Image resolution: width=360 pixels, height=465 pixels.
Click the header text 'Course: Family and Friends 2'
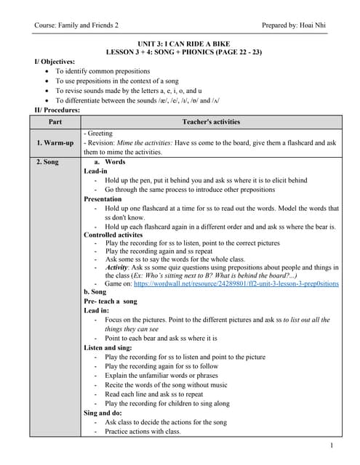(x=76, y=25)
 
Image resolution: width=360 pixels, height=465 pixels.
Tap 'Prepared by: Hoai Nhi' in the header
(x=294, y=25)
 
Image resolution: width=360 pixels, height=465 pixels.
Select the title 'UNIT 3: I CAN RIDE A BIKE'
(x=180, y=44)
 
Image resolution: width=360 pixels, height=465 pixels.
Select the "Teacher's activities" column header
(x=210, y=121)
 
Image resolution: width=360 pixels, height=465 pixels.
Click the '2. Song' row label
(x=47, y=162)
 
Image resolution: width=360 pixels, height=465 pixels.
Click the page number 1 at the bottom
(x=331, y=445)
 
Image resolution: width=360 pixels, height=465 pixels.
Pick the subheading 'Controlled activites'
(x=113, y=235)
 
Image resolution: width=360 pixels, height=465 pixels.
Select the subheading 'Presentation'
(x=103, y=198)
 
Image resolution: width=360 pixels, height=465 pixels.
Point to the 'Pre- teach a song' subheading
(x=111, y=300)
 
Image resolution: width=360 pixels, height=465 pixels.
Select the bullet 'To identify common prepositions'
(x=103, y=71)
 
